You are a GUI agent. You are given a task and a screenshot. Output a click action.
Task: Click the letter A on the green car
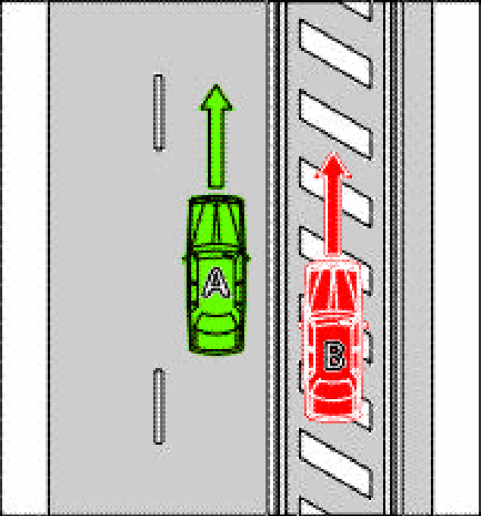click(216, 283)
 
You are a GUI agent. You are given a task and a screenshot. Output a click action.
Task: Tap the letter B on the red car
click(335, 355)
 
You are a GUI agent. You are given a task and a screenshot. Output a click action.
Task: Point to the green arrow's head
click(216, 98)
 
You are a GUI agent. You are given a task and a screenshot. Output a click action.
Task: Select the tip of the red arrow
click(334, 153)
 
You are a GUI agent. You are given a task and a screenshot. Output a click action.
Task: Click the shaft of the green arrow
click(216, 149)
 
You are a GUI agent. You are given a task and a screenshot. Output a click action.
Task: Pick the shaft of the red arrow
click(333, 216)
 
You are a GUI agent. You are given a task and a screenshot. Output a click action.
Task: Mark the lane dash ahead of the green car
click(159, 112)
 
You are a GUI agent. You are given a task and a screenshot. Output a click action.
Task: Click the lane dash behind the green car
click(159, 407)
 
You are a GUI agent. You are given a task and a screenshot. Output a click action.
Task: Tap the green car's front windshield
click(215, 225)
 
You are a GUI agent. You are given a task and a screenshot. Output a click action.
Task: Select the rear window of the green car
click(216, 324)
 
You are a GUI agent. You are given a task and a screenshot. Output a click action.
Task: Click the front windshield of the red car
click(334, 290)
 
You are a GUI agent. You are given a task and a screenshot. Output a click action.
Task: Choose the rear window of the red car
click(333, 389)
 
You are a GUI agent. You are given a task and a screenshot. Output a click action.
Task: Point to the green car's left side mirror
click(184, 259)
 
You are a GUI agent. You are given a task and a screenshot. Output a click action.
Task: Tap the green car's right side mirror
click(248, 259)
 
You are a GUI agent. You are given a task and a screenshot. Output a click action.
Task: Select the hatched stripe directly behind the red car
click(335, 464)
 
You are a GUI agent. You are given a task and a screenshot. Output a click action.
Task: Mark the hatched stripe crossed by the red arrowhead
click(335, 193)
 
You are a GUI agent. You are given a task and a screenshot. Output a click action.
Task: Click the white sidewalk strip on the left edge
click(25, 258)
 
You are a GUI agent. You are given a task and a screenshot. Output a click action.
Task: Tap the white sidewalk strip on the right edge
click(456, 258)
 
